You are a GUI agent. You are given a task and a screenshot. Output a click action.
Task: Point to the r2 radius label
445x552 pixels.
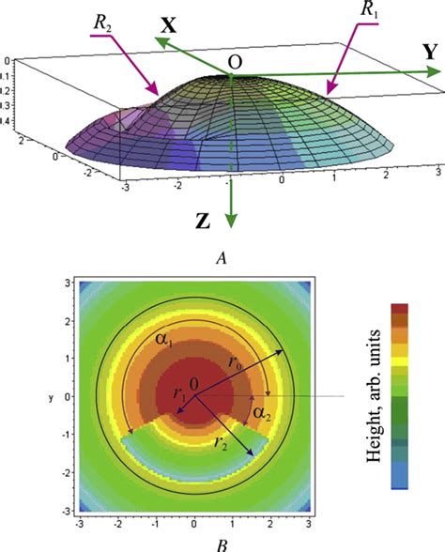pyautogui.click(x=222, y=442)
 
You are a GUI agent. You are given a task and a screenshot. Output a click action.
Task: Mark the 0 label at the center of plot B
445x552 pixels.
pyautogui.click(x=194, y=383)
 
